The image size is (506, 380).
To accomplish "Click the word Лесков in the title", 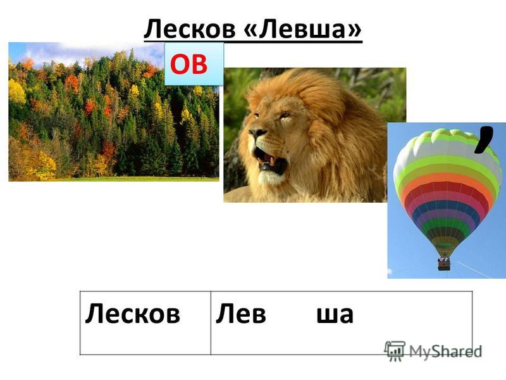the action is click(190, 28).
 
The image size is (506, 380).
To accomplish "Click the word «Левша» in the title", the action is click(303, 28).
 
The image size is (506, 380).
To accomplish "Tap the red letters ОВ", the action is click(188, 65).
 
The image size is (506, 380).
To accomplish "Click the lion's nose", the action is click(257, 132).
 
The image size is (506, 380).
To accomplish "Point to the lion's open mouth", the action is click(271, 161).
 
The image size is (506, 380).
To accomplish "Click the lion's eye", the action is click(284, 115).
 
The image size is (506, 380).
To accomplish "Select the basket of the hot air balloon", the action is click(444, 263).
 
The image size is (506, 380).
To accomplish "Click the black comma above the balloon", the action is click(483, 139).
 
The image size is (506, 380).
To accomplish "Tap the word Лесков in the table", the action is click(133, 313).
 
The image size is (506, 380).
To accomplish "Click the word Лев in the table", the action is click(241, 313).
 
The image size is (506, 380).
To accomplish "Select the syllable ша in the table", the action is click(335, 314).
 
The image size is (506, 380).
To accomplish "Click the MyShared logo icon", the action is click(394, 351).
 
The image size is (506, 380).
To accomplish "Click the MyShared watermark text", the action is click(445, 351).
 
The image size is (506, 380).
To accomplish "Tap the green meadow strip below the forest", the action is click(129, 179).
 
